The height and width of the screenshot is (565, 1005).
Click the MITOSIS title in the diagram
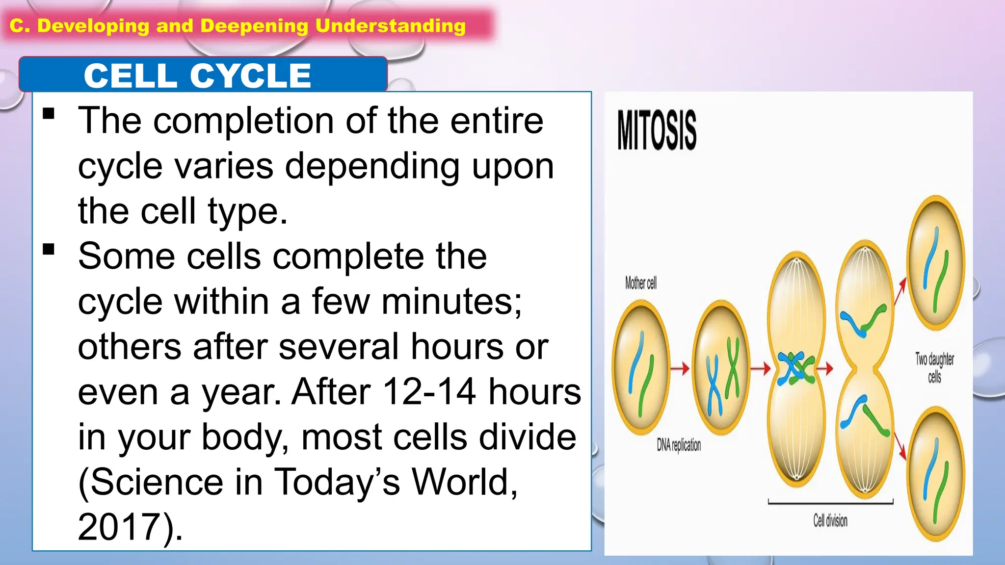pyautogui.click(x=657, y=130)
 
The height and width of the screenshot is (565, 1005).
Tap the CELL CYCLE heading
pyautogui.click(x=197, y=76)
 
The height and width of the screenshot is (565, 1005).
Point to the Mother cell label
pyautogui.click(x=640, y=283)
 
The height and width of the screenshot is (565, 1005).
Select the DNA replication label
pyautogui.click(x=679, y=445)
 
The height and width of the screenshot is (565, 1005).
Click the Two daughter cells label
pyautogui.click(x=934, y=367)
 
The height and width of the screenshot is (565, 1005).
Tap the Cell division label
pyautogui.click(x=830, y=521)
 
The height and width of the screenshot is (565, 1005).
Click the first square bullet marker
pyautogui.click(x=49, y=114)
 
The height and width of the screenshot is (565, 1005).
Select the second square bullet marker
pyautogui.click(x=49, y=250)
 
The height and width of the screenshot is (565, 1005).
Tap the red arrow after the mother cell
pyautogui.click(x=680, y=368)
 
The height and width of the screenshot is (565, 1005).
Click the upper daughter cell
pyautogui.click(x=936, y=263)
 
